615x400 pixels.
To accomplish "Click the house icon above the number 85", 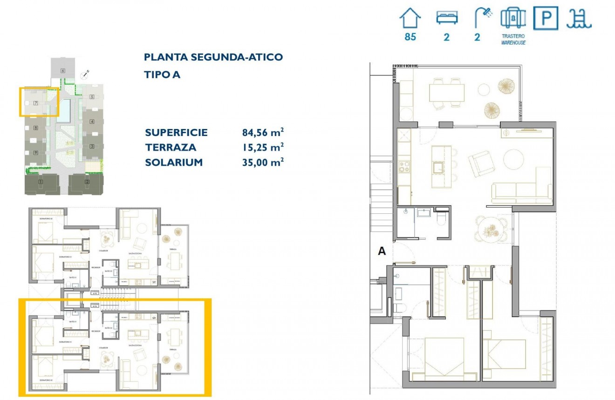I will point(410,19).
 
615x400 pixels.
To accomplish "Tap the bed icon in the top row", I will point(447,18).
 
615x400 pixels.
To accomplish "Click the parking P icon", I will point(546,19).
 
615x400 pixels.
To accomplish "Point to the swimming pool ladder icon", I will point(579,19).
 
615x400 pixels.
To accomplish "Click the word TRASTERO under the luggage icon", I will point(513,36).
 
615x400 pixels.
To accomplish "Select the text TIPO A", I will point(162,75).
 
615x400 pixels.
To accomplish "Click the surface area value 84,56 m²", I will point(263,133).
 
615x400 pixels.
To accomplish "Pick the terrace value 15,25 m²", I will point(263,148).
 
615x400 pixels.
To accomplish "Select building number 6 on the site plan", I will point(62,70).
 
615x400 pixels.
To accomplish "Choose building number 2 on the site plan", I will point(87,182).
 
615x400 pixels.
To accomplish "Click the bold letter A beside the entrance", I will point(382,251).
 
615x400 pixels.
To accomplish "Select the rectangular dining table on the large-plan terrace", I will point(447,93).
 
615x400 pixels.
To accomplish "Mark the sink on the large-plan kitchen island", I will point(439,167).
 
